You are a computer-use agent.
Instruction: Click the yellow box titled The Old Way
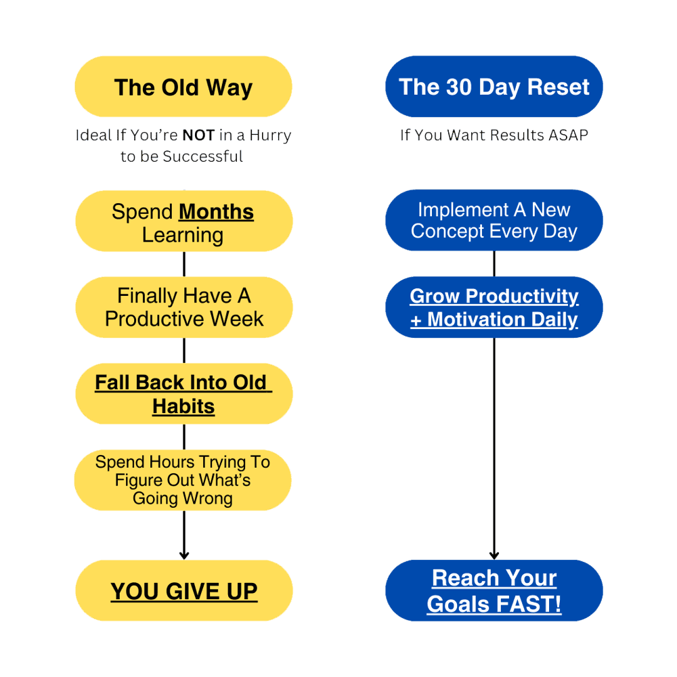tap(183, 87)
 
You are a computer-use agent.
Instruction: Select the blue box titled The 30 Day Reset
tap(494, 87)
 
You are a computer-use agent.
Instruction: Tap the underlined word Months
tap(216, 212)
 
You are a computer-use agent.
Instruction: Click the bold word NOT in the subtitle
tap(198, 135)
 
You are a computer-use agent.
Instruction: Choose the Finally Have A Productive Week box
tap(184, 307)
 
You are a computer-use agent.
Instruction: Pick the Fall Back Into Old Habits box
tap(184, 394)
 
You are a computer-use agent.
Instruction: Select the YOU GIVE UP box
tap(184, 591)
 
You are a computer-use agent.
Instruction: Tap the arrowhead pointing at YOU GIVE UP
tap(184, 554)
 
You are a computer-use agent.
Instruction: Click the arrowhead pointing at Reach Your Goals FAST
tap(494, 554)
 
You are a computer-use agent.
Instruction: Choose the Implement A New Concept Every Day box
tap(494, 221)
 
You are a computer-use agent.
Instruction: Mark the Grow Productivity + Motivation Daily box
tap(494, 307)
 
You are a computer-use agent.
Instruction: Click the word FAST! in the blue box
tap(528, 603)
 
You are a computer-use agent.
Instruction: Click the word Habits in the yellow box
tap(183, 406)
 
